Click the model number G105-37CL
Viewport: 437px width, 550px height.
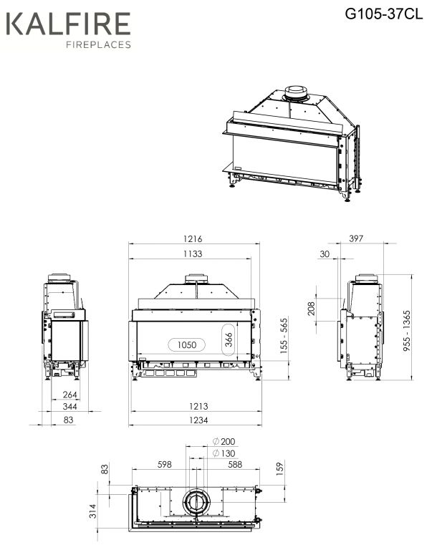tap(384, 14)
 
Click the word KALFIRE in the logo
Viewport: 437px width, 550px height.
tap(69, 24)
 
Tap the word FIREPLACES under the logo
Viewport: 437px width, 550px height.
tap(99, 44)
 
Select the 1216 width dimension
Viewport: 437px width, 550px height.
tap(193, 239)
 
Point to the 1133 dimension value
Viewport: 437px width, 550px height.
tap(193, 254)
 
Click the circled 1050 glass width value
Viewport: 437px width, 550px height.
tap(187, 344)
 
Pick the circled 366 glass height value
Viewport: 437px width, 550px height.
tap(229, 339)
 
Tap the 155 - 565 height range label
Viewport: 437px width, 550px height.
tap(284, 336)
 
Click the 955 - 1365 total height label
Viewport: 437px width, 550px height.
tap(406, 331)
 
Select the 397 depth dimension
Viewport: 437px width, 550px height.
tap(356, 238)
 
